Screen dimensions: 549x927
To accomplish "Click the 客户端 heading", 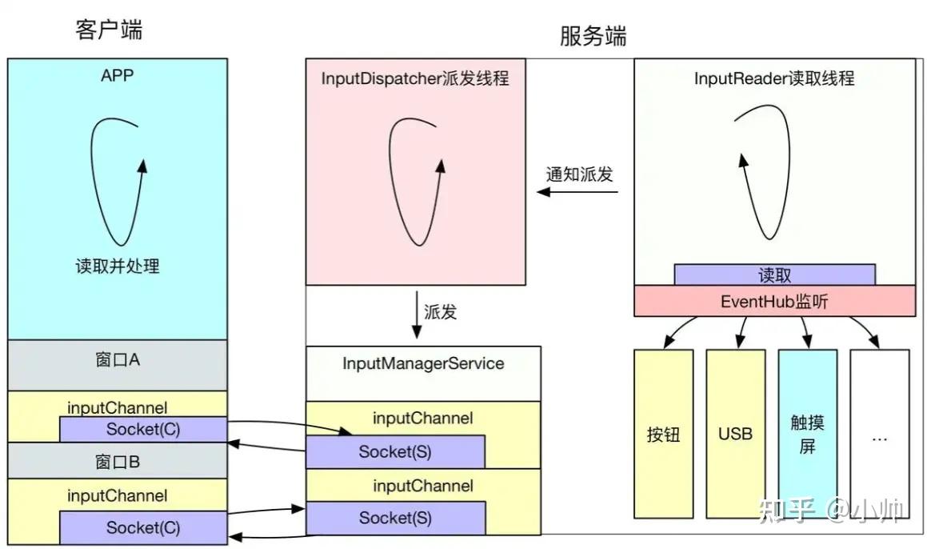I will [x=109, y=30].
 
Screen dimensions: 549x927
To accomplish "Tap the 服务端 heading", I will [x=593, y=36].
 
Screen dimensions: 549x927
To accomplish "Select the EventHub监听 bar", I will [x=774, y=301].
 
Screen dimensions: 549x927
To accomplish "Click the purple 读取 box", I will [x=774, y=274].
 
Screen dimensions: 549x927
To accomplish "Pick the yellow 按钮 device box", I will [x=663, y=434].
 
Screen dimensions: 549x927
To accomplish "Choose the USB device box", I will [x=735, y=434].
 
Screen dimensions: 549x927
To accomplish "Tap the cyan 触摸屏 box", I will [x=807, y=434].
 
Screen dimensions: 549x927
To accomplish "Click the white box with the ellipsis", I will [x=879, y=434].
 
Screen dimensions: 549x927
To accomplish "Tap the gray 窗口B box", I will [x=118, y=462].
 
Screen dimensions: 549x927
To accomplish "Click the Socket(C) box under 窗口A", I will [x=143, y=429].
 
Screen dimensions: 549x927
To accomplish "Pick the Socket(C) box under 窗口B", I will [x=143, y=527].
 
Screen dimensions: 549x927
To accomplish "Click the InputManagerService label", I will [x=423, y=363].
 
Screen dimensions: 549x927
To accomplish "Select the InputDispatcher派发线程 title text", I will [x=415, y=78].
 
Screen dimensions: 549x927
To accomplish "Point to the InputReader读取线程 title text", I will [x=774, y=78].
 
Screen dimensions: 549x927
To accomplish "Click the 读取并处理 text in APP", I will [x=118, y=266].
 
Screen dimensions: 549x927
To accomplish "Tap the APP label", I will [x=118, y=76].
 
